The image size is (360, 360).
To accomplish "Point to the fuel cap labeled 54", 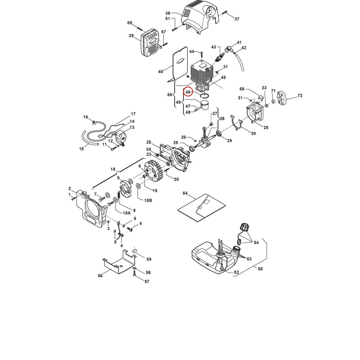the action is coord(246,227).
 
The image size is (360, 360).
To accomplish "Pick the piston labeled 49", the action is coord(204,106).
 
